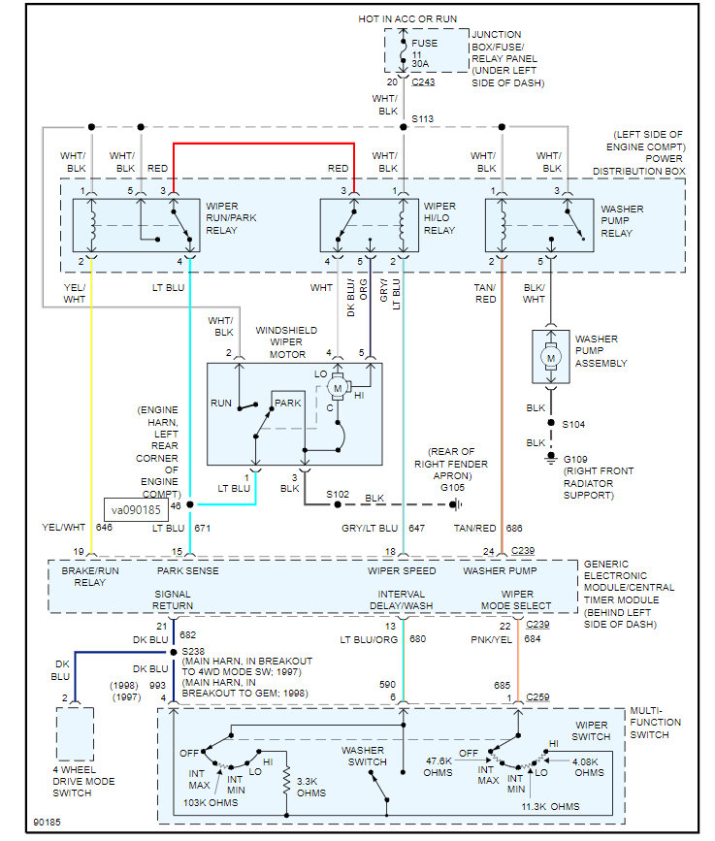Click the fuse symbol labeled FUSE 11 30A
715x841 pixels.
404,51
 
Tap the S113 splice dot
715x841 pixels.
404,127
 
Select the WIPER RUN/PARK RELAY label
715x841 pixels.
231,218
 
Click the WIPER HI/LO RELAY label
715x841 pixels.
439,218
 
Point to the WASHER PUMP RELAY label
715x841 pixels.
622,221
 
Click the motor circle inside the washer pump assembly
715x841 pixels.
551,358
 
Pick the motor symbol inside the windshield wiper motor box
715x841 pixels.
338,388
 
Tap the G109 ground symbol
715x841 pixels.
551,458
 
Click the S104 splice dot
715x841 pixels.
551,423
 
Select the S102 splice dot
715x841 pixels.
338,504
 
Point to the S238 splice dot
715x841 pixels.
174,652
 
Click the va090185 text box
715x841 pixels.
136,509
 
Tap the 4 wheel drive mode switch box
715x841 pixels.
75,733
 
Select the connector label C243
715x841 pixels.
423,82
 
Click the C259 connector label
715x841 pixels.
538,696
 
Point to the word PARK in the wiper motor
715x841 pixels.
288,403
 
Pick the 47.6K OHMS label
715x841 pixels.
439,767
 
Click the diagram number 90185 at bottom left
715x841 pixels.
48,823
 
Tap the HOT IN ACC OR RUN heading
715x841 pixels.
407,18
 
